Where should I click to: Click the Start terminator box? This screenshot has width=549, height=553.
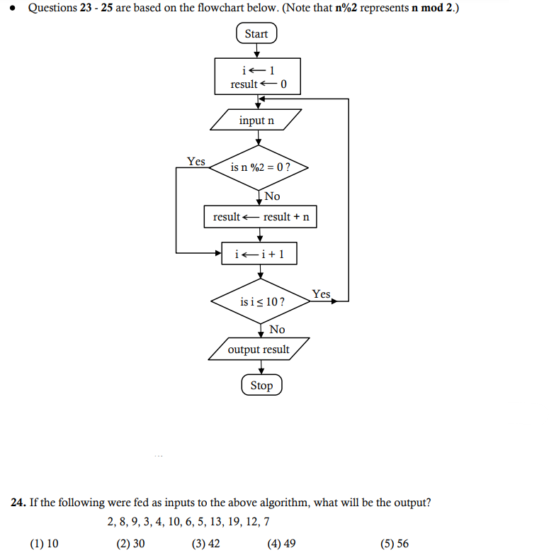[256, 34]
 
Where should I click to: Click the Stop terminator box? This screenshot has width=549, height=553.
[261, 386]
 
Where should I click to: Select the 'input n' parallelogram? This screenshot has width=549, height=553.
[256, 121]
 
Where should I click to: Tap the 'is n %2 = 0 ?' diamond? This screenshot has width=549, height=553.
[260, 168]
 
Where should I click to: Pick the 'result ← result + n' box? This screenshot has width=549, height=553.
[260, 217]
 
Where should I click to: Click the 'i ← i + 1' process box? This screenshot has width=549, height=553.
[259, 253]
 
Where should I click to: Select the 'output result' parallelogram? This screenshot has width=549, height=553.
[259, 350]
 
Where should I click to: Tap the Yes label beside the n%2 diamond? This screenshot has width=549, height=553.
[196, 162]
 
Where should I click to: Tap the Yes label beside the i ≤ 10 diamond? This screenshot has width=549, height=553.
[321, 294]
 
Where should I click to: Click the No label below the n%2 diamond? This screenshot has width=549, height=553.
[272, 196]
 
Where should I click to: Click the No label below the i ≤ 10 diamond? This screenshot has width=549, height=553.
[277, 329]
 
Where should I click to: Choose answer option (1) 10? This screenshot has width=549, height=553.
[44, 544]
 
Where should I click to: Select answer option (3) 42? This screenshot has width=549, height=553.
[205, 544]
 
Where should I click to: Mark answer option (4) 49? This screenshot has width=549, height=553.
[281, 544]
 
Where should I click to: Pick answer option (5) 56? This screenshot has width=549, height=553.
[394, 544]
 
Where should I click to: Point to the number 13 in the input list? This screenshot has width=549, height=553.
[213, 523]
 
